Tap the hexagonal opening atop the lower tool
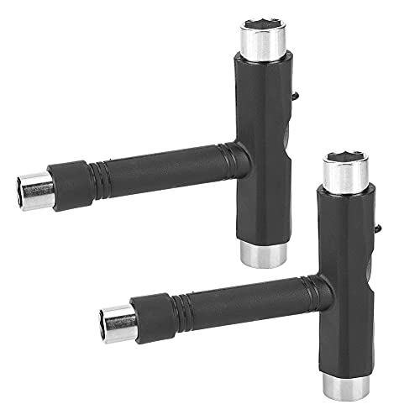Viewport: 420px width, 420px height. click(x=347, y=157)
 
